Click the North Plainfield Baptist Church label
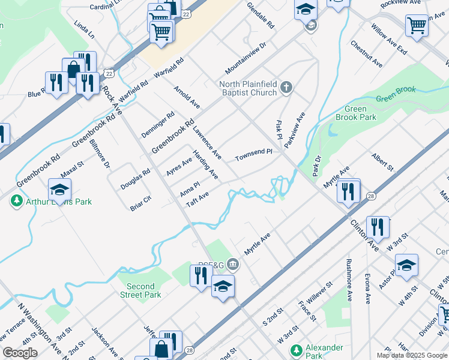249,88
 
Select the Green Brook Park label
356,113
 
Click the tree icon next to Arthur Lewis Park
17,201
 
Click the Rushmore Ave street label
348,280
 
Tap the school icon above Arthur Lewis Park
59,190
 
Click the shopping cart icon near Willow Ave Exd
416,25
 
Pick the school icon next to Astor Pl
406,265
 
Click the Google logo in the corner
20,353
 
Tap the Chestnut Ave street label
367,54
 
